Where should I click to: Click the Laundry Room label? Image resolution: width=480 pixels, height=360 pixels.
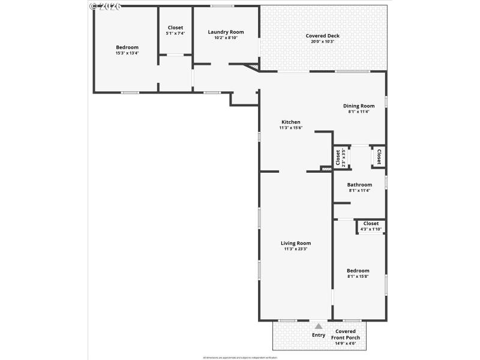tap(226, 32)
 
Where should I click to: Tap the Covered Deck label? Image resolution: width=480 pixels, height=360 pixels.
tap(322, 35)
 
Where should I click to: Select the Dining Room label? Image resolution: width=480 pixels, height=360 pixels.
tap(359, 106)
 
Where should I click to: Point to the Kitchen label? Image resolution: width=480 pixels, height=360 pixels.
tap(290, 122)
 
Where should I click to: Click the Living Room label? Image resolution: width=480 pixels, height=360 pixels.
tap(296, 243)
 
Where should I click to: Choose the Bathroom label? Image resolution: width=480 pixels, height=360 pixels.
tap(360, 185)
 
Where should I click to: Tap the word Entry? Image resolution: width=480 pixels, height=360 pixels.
tap(319, 335)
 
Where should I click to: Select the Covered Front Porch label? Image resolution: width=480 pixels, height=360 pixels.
tap(345, 334)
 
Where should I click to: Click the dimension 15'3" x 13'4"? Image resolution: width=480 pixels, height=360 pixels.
tap(127, 53)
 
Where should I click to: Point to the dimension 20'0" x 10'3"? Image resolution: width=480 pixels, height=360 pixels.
tap(322, 41)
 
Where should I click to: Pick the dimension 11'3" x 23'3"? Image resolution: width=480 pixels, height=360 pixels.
tap(296, 249)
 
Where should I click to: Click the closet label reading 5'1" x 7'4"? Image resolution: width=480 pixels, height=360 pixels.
tap(175, 33)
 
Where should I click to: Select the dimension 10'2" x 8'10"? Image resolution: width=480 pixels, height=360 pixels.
tap(226, 38)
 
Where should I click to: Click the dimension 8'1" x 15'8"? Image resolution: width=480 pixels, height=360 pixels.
tap(358, 277)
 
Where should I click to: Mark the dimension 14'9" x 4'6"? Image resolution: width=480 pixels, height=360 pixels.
tap(345, 343)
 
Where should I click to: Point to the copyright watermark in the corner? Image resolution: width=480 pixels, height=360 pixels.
tap(105, 6)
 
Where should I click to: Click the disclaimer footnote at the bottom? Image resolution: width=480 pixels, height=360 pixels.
tap(240, 357)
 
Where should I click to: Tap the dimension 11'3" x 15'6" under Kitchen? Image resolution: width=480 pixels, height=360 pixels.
tap(290, 127)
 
